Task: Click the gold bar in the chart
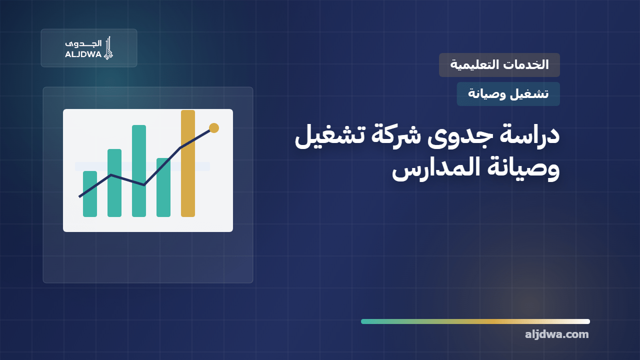click(x=188, y=163)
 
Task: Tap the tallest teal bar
click(x=139, y=171)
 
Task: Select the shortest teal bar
click(x=90, y=194)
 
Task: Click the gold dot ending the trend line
click(x=214, y=128)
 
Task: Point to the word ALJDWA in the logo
click(x=83, y=54)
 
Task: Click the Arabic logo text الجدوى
click(x=83, y=43)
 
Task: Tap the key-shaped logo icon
click(x=108, y=48)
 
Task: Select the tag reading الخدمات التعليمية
click(x=499, y=65)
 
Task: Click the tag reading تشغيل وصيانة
click(x=508, y=94)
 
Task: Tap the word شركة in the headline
click(x=396, y=135)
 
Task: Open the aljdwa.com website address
click(x=557, y=334)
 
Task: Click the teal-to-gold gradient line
click(x=475, y=321)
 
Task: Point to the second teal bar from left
click(x=114, y=183)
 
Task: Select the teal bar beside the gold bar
click(x=163, y=187)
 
